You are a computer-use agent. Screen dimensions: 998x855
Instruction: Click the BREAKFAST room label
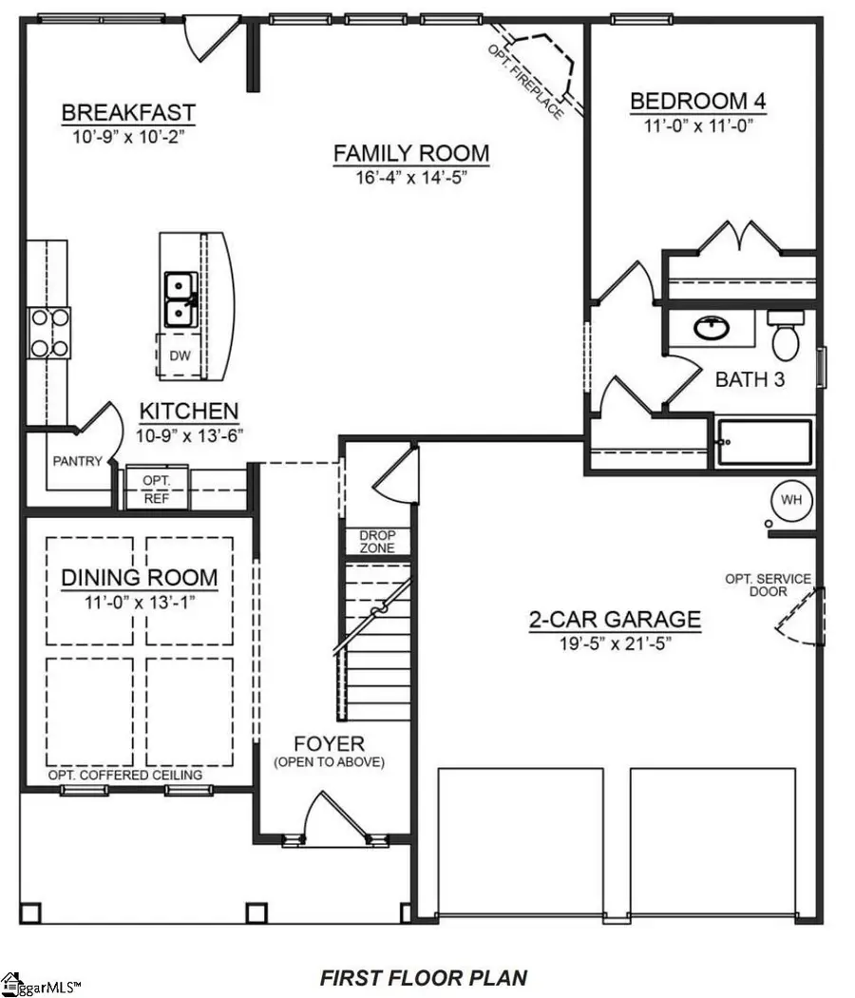click(x=128, y=112)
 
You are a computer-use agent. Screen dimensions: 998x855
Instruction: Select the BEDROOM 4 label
click(x=698, y=102)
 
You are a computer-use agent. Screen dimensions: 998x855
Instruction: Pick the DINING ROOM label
click(x=140, y=578)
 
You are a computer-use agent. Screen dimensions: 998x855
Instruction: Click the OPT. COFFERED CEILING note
click(x=125, y=775)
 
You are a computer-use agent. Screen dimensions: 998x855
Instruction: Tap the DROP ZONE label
click(x=377, y=542)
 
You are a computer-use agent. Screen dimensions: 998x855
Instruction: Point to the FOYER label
click(x=330, y=743)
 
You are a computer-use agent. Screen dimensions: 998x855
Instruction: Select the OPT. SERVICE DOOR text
click(x=768, y=585)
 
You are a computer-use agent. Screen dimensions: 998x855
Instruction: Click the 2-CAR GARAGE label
click(x=615, y=621)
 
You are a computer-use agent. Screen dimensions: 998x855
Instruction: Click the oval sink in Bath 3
click(x=709, y=329)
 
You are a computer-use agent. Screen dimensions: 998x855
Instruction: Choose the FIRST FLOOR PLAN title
click(x=423, y=977)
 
